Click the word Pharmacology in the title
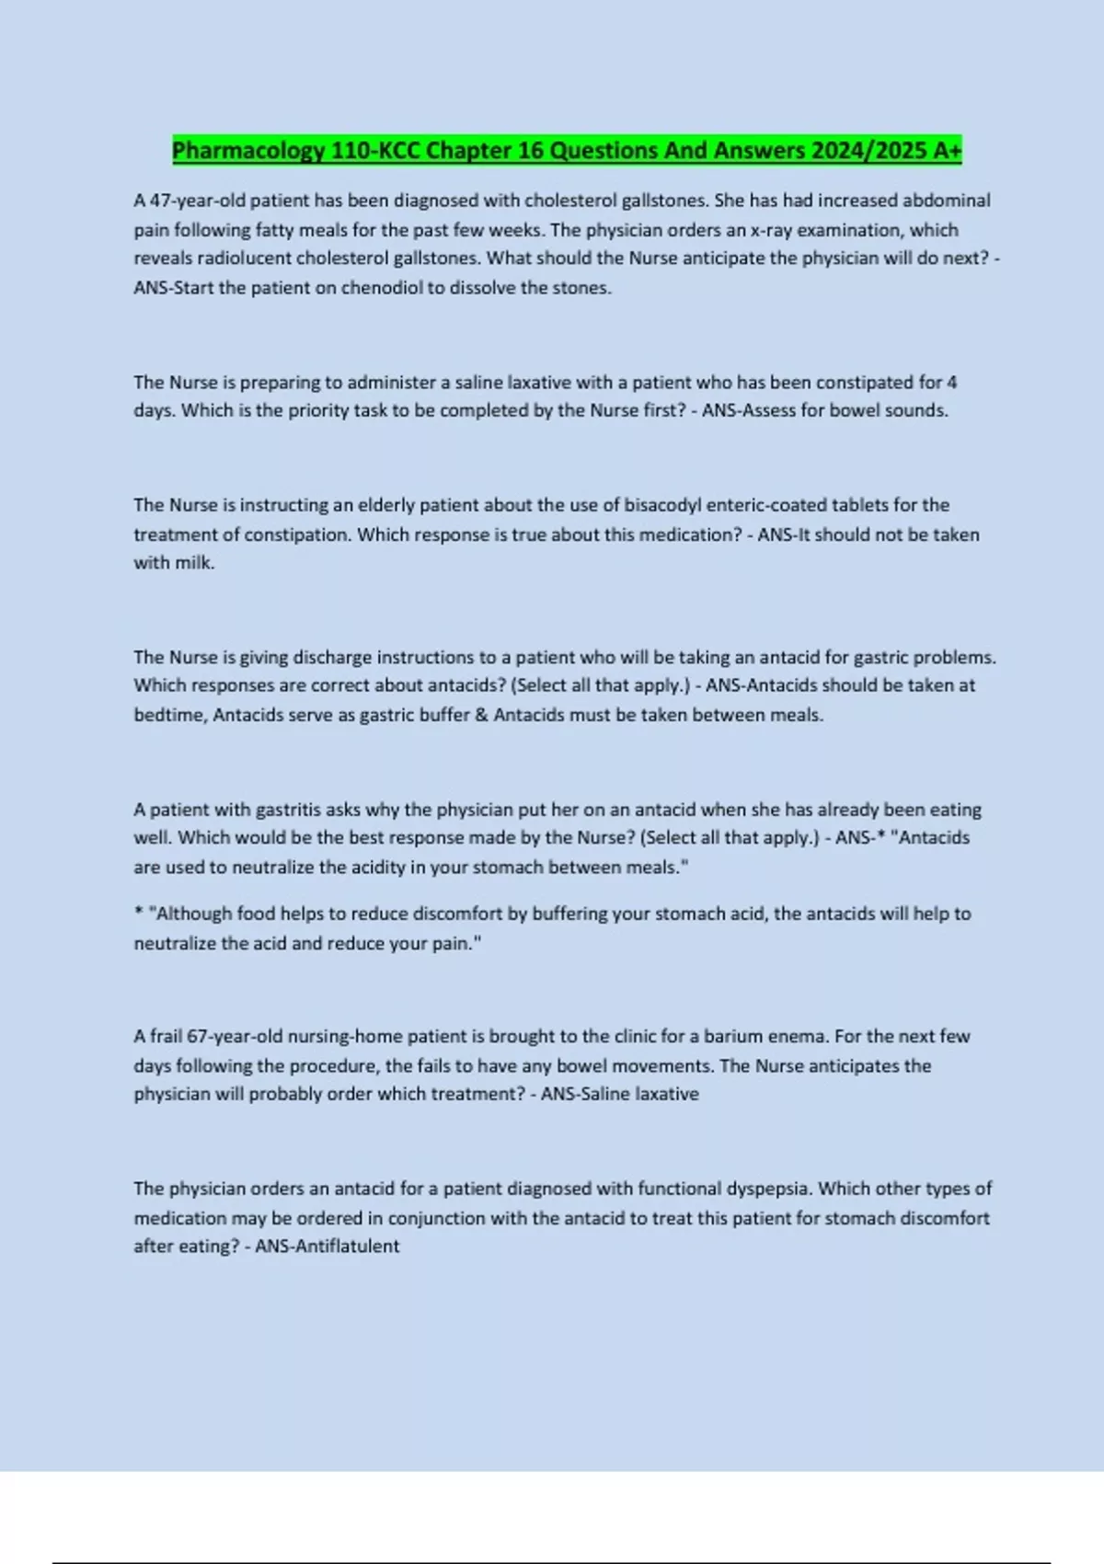tap(248, 150)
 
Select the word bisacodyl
tap(662, 505)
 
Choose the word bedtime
tap(170, 715)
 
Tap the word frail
tap(166, 1036)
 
